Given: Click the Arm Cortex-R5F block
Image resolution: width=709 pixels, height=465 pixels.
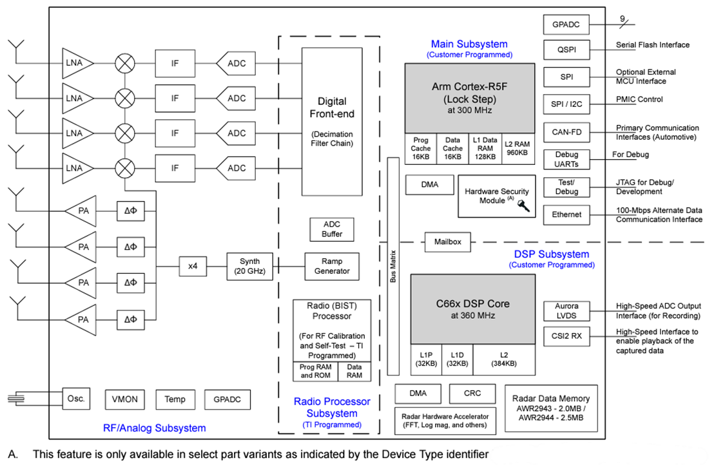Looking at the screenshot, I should [x=469, y=98].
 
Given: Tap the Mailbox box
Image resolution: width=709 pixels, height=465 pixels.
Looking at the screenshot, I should [x=447, y=242].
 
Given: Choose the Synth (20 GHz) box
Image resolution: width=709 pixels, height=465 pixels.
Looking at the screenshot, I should [x=250, y=266].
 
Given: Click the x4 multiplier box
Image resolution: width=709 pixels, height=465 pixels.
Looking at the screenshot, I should [x=193, y=266].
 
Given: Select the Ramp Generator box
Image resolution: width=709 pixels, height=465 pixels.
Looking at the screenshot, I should [x=332, y=266].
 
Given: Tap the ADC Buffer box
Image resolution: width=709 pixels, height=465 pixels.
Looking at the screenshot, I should [x=332, y=229].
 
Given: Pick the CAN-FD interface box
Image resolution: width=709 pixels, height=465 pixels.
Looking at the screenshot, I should [x=566, y=133].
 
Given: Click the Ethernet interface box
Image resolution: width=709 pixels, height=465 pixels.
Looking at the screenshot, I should [x=566, y=214].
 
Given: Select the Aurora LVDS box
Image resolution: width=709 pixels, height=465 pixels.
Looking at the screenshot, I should [x=566, y=310].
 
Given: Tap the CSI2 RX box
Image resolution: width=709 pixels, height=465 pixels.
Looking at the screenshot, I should [x=566, y=336].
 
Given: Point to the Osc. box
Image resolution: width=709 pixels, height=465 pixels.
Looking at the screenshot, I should [x=75, y=398].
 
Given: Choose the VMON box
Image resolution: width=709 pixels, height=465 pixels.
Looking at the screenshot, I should [x=124, y=399].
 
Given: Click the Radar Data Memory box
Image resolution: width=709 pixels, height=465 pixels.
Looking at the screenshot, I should [x=551, y=408].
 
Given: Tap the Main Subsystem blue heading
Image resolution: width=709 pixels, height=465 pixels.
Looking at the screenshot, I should [x=469, y=44].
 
